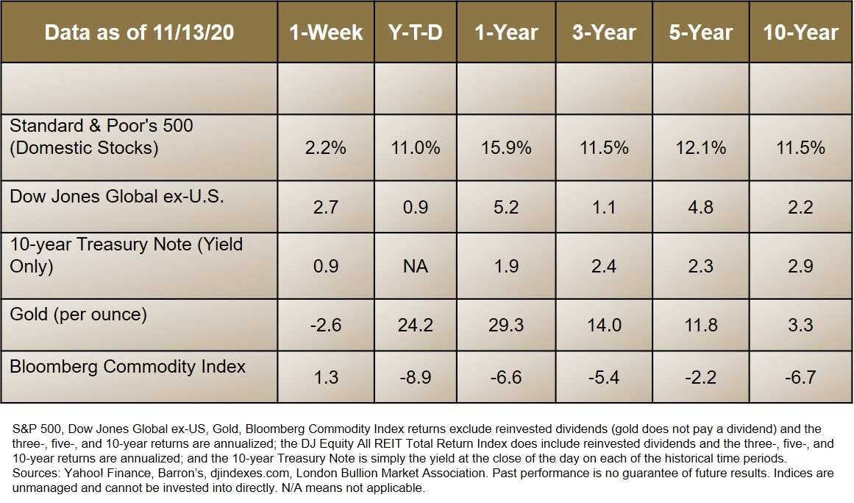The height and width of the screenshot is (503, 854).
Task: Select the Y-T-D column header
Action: (414, 32)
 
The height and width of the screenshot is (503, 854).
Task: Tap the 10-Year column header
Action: (801, 32)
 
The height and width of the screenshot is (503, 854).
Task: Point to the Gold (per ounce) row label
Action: (78, 314)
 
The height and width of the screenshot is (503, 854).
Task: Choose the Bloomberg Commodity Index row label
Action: (127, 366)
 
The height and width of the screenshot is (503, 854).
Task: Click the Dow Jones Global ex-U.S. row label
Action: (116, 197)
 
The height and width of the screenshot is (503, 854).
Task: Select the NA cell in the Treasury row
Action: (414, 266)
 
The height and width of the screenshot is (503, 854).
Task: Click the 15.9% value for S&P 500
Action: (507, 148)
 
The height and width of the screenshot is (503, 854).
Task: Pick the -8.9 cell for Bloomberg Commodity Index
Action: (414, 377)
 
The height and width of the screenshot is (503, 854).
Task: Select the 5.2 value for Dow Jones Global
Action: (507, 208)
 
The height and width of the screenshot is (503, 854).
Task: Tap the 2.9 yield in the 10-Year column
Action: (801, 266)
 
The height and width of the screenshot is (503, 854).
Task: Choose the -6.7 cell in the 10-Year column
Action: (801, 377)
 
